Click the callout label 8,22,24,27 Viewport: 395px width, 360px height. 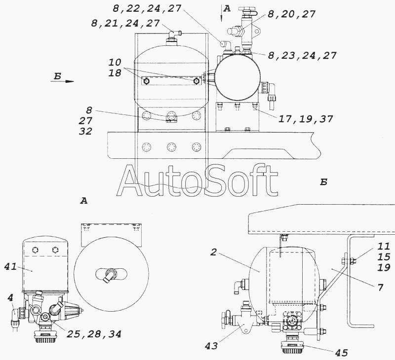click(147, 8)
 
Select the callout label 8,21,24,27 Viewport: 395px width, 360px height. click(125, 23)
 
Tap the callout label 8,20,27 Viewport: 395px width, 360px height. click(291, 14)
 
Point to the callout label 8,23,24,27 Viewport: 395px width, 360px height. click(302, 55)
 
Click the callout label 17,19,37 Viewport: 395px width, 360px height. click(306, 119)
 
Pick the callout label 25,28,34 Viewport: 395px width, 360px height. click(94, 334)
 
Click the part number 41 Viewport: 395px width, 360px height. click(10, 266)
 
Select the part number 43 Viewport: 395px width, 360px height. click(211, 346)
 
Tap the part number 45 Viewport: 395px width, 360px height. click(342, 353)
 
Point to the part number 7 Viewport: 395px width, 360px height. click(380, 287)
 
